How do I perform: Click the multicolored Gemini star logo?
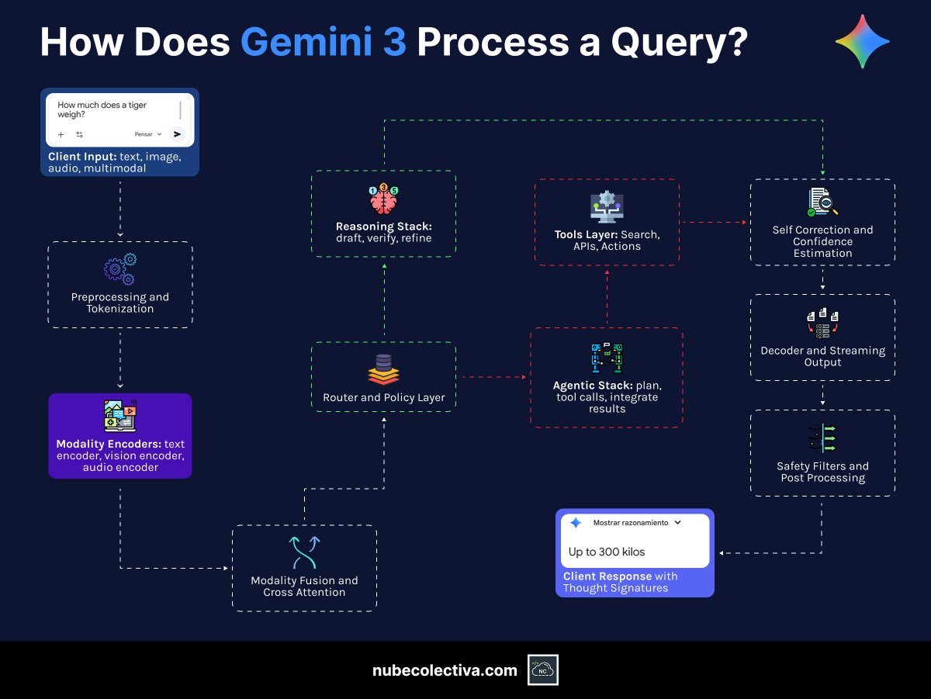click(x=862, y=42)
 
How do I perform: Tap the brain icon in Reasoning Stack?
click(x=383, y=200)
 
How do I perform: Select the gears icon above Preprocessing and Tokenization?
click(x=120, y=269)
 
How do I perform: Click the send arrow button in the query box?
click(x=177, y=134)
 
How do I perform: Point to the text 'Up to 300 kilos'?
click(x=607, y=552)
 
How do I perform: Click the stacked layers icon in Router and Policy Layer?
click(x=383, y=369)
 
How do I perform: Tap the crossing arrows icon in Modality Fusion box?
click(x=304, y=552)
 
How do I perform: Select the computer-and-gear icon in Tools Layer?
click(x=607, y=207)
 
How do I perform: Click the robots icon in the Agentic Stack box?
click(x=607, y=358)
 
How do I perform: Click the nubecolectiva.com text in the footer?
click(x=445, y=670)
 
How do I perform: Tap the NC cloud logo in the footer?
click(x=543, y=670)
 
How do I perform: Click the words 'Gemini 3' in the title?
click(x=323, y=42)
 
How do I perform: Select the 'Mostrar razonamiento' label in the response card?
click(x=630, y=523)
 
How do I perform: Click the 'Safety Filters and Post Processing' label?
click(x=822, y=472)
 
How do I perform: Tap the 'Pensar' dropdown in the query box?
click(x=147, y=134)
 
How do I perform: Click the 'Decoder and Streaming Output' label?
click(x=822, y=356)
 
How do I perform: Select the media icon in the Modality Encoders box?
click(x=120, y=416)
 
